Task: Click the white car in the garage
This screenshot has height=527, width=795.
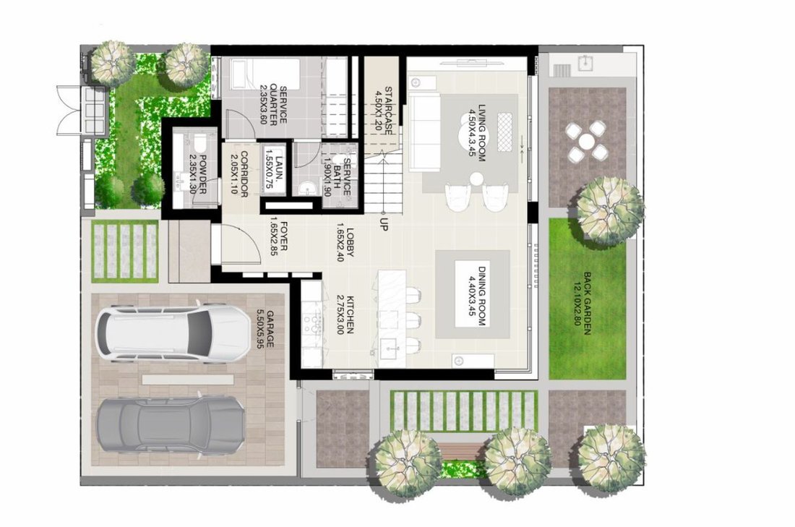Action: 173,333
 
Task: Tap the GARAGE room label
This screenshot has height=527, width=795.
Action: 265,329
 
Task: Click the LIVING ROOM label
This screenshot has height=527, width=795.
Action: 477,133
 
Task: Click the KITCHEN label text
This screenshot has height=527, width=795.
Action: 344,314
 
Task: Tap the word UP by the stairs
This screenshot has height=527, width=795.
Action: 383,225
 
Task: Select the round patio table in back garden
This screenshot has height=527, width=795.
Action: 587,140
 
